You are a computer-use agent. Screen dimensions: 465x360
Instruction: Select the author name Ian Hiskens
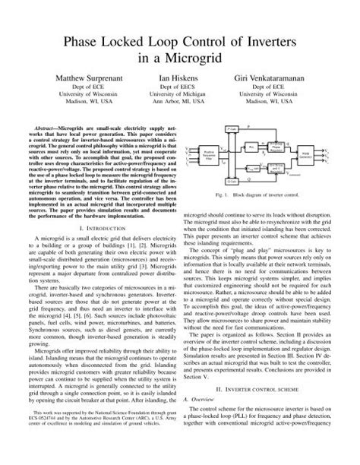pos(179,78)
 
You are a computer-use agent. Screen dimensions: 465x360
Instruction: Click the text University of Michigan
pos(179,99)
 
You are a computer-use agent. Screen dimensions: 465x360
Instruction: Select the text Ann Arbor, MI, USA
pos(179,108)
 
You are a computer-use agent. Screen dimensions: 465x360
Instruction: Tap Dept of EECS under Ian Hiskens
pos(179,90)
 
